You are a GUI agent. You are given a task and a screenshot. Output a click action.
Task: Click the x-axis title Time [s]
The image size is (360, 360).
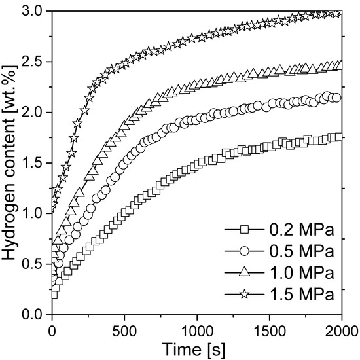click(197, 347)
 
